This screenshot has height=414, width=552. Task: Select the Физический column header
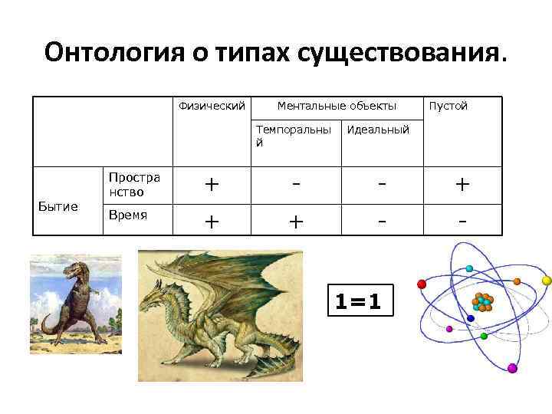[212, 106]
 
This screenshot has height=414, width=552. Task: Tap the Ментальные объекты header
[337, 106]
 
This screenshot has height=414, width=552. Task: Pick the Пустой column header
[448, 106]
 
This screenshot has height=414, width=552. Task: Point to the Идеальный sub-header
[378, 130]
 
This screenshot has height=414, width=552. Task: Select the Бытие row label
[58, 206]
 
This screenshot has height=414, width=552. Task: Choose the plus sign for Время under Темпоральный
[297, 221]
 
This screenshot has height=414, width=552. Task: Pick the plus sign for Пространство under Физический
[212, 185]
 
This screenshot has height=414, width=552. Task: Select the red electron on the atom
[422, 284]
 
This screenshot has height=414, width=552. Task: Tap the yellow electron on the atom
[546, 281]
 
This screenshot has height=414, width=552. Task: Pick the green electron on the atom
[484, 336]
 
